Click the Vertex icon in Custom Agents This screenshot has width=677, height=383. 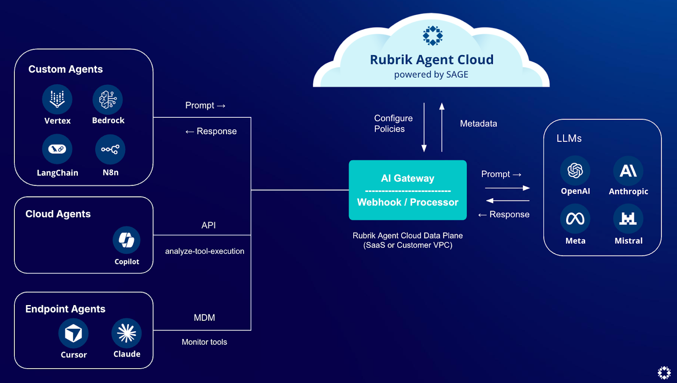[57, 100]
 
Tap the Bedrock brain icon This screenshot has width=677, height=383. [108, 100]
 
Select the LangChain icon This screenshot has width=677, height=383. [57, 149]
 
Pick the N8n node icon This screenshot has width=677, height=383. [110, 149]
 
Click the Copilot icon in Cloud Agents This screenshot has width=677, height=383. [127, 240]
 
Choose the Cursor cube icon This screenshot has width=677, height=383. [73, 333]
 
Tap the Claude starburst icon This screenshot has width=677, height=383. [127, 333]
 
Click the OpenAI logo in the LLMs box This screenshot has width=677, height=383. [575, 170]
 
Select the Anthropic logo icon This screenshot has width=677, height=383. [628, 171]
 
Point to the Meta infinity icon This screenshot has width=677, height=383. [575, 219]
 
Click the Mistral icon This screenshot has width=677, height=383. [628, 219]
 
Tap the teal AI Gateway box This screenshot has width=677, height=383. [407, 190]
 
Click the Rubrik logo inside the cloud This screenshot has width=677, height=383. [432, 36]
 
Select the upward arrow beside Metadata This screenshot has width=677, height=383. [442, 127]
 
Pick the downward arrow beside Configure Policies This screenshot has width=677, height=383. [424, 127]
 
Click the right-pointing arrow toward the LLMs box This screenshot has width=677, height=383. [507, 188]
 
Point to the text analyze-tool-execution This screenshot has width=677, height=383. [204, 251]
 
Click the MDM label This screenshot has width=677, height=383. [204, 318]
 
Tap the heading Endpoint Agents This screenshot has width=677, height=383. [65, 309]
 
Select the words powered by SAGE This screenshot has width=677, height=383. [431, 75]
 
